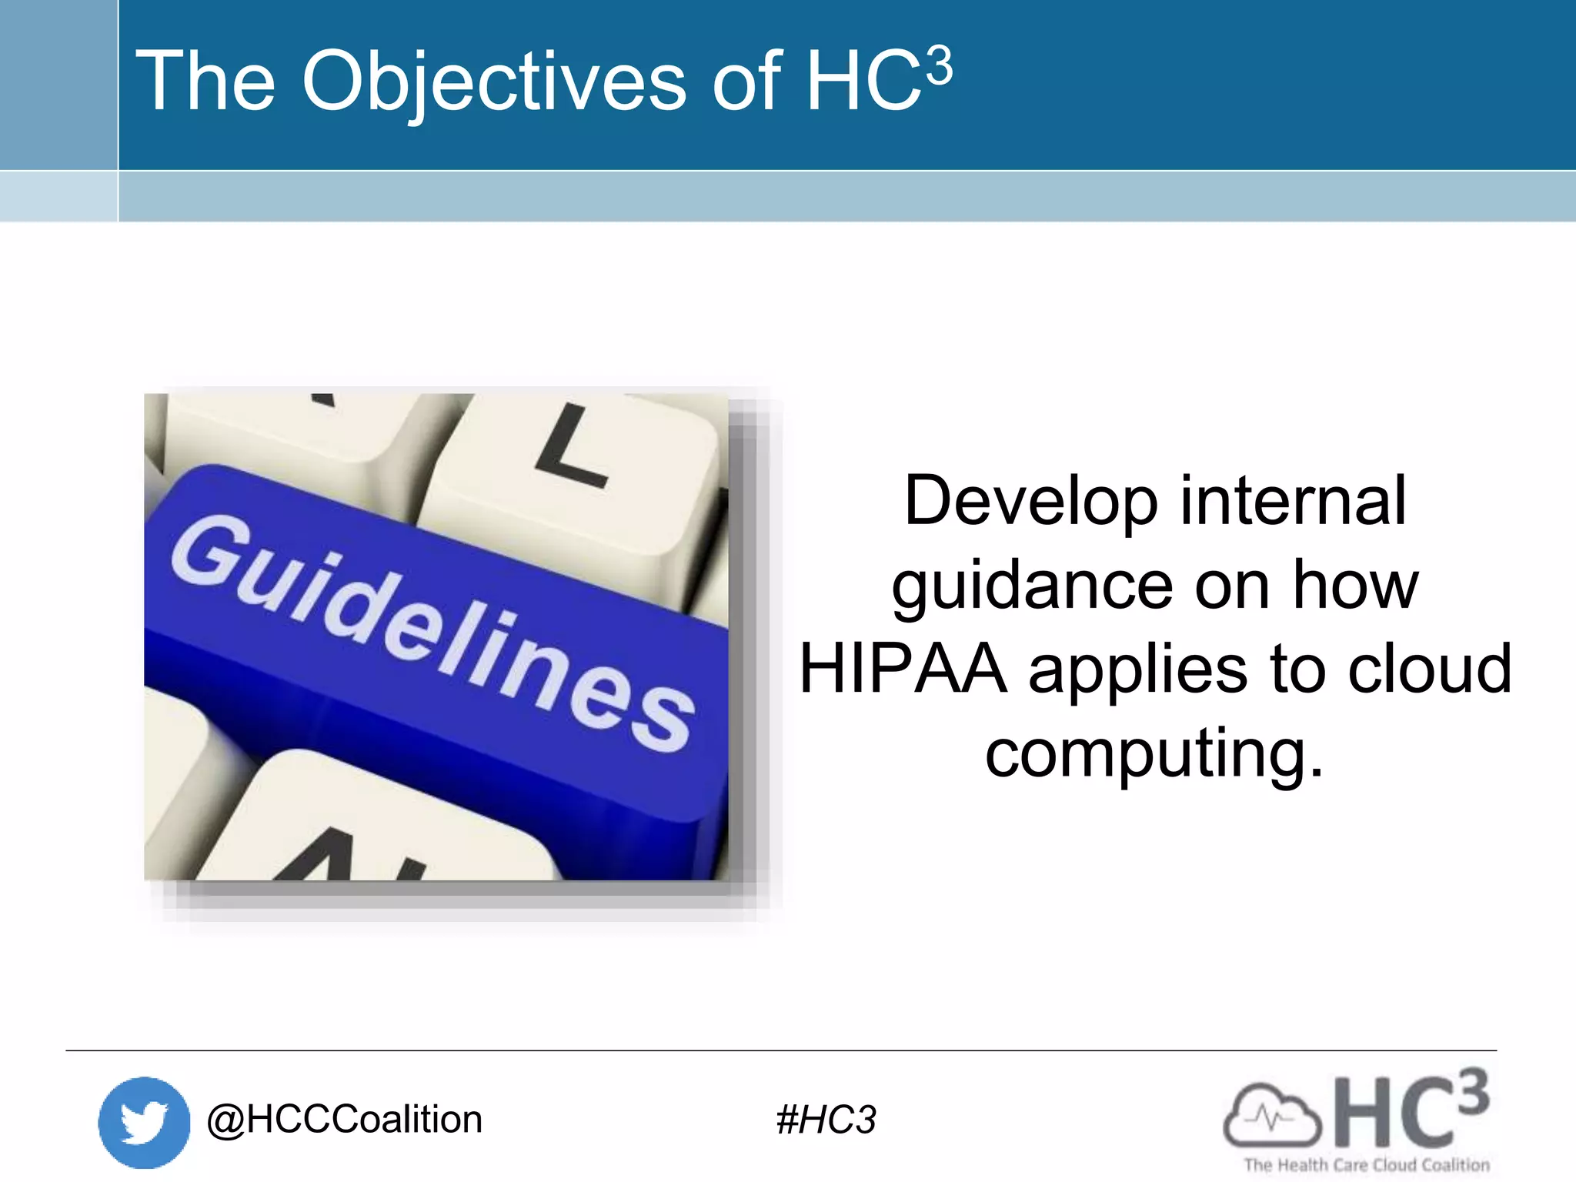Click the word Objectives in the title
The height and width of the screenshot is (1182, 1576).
point(493,82)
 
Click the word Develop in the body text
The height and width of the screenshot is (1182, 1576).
point(1030,502)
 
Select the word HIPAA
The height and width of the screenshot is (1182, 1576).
point(903,669)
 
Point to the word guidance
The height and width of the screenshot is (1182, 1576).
point(1032,586)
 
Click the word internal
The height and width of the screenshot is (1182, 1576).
point(1293,502)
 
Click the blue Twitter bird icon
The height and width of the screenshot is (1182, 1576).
point(144,1122)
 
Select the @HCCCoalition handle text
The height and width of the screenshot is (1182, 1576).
point(344,1120)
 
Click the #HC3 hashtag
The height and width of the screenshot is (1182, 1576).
point(826,1120)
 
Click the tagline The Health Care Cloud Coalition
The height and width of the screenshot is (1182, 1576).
point(1367,1165)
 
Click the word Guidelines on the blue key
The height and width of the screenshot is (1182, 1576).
point(431,631)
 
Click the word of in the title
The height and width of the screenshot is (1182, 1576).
point(745,82)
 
